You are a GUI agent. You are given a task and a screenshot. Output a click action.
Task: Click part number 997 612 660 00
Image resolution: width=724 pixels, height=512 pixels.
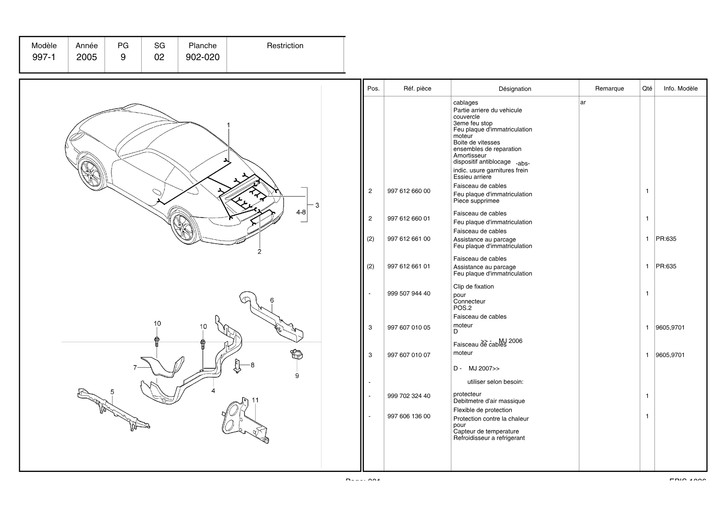[409, 191]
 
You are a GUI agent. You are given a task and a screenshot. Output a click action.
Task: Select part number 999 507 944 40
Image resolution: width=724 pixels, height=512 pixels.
[409, 294]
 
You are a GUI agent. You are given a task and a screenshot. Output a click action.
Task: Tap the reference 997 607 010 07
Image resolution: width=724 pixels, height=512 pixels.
[409, 355]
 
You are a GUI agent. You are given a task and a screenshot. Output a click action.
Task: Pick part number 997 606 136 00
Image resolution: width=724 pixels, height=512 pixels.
[409, 416]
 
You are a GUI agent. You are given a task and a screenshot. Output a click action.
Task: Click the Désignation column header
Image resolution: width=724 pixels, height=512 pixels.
[515, 89]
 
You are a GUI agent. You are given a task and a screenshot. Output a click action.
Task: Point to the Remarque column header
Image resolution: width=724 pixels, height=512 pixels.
[609, 89]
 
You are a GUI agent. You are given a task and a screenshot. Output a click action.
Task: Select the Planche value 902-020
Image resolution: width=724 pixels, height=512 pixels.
[202, 57]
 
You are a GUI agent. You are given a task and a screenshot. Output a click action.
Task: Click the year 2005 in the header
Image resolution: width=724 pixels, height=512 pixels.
[87, 57]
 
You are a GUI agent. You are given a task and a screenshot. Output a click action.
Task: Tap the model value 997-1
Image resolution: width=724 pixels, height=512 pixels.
[44, 57]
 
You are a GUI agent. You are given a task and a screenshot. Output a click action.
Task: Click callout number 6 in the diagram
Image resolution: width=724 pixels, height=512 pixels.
[272, 301]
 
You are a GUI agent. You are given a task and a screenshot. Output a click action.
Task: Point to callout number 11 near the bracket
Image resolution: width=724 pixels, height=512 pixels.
[255, 400]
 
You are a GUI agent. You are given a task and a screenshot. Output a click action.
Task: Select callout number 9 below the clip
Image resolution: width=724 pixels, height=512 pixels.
[297, 376]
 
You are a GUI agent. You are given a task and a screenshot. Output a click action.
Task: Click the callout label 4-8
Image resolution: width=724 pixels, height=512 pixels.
[301, 212]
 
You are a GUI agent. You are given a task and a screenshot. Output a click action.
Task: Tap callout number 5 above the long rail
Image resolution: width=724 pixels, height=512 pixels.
[112, 392]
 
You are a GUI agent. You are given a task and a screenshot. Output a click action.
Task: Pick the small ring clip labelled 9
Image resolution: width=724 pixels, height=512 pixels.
[296, 354]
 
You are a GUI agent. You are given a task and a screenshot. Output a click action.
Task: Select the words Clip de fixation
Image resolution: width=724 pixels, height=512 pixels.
[473, 287]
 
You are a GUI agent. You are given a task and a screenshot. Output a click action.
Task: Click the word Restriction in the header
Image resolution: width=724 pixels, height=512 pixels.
[285, 46]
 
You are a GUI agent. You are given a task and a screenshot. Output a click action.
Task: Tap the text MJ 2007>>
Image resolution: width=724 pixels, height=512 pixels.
[484, 369]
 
